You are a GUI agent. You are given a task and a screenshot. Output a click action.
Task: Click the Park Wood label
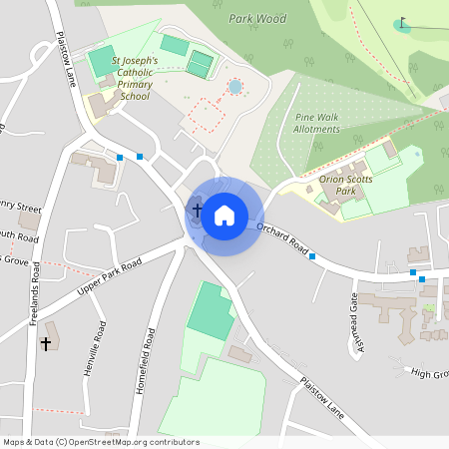tap(256, 18)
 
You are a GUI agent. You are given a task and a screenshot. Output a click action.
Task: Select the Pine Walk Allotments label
tap(317, 123)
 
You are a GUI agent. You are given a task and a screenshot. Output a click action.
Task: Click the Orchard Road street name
tap(280, 238)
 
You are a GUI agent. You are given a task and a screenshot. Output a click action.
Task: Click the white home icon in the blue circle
tap(224, 215)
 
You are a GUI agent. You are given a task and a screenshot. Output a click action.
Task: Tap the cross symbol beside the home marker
tap(198, 211)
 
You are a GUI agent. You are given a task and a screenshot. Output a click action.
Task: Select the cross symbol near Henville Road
tap(45, 344)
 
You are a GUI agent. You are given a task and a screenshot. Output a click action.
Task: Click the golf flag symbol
tap(402, 21)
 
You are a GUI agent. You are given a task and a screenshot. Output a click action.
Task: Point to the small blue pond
tap(235, 87)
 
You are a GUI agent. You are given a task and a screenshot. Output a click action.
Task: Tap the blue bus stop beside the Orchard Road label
tap(312, 257)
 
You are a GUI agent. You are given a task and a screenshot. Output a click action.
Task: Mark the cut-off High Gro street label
tap(430, 373)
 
